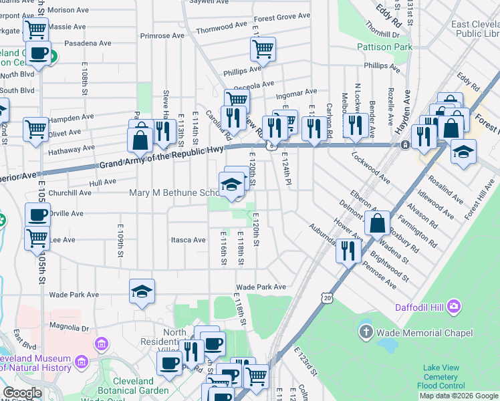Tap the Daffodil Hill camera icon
[455, 306]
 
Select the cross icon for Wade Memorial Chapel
[366, 332]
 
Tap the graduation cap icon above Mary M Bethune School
[231, 184]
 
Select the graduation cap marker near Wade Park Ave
[142, 291]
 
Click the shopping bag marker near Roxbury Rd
[377, 223]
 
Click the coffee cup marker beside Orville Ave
[37, 215]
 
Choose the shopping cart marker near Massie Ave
[35, 29]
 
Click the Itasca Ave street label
[188, 239]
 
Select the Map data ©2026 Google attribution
[459, 396]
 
